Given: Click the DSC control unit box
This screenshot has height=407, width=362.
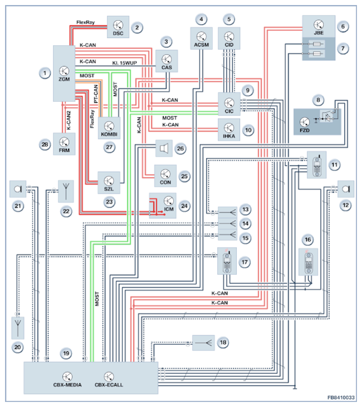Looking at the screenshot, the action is point(118,27).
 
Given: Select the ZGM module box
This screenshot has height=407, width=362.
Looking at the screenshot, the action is point(64,73).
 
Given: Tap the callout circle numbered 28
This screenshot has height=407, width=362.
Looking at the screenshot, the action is point(45,144).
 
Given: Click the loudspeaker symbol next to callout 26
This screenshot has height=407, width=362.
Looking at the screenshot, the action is point(164,148).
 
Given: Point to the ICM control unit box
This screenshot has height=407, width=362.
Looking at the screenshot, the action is point(163,205).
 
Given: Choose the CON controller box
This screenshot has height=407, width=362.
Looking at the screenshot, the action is point(165,176).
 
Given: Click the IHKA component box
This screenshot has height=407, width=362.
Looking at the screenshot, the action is point(229,130).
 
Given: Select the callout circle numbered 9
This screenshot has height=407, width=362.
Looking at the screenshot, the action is point(248,90).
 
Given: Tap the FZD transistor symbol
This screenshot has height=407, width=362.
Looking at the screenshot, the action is point(304,121).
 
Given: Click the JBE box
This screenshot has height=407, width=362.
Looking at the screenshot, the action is point(319,26).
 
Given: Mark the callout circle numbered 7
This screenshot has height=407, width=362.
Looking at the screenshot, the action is point(343,49).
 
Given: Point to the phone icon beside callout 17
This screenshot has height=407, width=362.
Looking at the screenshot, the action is point(227,261).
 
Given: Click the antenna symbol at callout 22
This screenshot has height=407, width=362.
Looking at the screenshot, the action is point(66,191).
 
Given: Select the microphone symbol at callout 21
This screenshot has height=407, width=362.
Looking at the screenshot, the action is point(18,189).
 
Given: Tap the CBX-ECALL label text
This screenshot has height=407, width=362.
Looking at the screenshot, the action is point(109,385).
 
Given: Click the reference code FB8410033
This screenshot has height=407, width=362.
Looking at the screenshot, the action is point(341,397).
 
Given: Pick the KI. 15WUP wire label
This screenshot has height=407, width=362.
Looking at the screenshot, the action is point(125,63).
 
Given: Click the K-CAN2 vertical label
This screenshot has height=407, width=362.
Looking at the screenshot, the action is point(69,120).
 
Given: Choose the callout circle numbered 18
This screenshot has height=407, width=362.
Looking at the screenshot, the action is point(223,343).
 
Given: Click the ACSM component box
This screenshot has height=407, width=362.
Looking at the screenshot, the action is point(202,39).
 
